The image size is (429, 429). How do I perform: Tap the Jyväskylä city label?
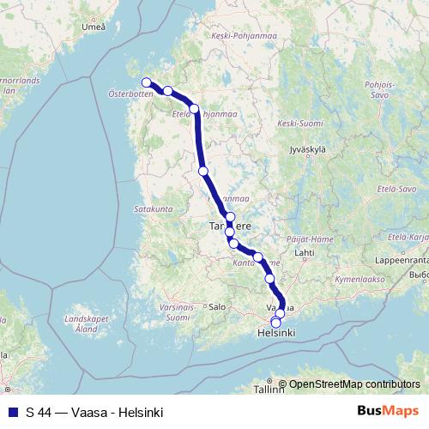(310, 148)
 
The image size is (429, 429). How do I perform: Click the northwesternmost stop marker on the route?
(146, 83)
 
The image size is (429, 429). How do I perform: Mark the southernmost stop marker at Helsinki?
(275, 323)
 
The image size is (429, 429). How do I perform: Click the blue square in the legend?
(11, 413)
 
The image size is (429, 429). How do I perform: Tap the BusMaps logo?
(387, 413)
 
